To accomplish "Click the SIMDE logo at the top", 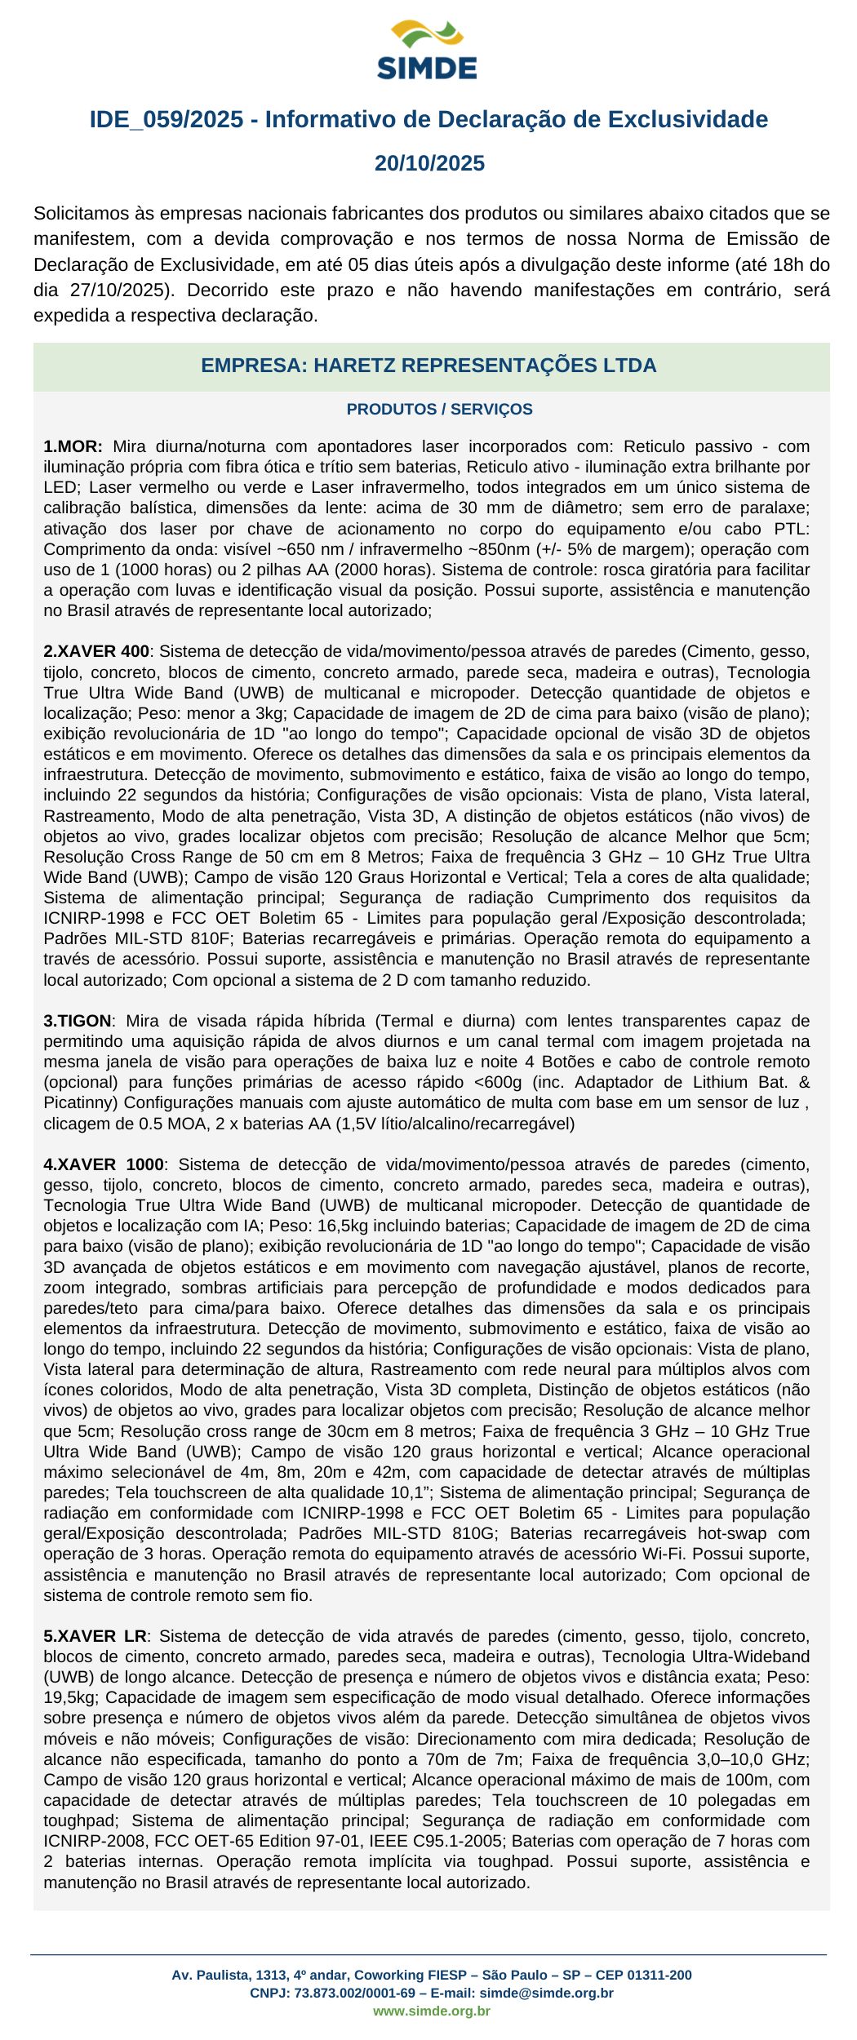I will pyautogui.click(x=427, y=51).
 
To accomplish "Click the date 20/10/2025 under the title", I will pyautogui.click(x=429, y=163).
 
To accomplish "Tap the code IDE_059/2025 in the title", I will pyautogui.click(x=167, y=120).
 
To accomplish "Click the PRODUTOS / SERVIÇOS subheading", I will pyautogui.click(x=439, y=410).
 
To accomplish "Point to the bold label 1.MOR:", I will pyautogui.click(x=73, y=446).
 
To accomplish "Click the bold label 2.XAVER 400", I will pyautogui.click(x=96, y=651).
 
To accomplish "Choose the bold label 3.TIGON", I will pyautogui.click(x=78, y=1021).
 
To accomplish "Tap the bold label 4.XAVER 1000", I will pyautogui.click(x=104, y=1164).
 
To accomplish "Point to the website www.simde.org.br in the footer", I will pyautogui.click(x=432, y=2011).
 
